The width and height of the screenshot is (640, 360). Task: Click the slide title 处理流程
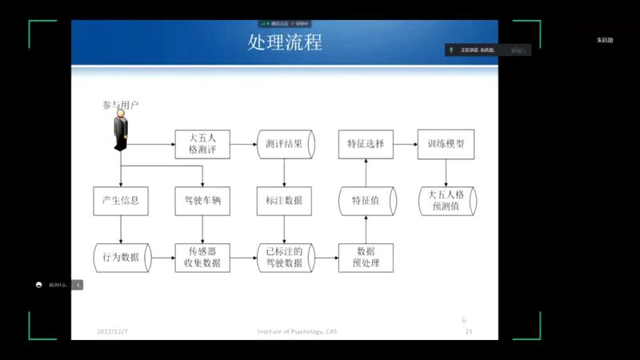pos(285,42)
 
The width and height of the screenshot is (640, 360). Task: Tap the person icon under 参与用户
pos(121,130)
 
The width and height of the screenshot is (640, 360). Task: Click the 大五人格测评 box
pos(202,144)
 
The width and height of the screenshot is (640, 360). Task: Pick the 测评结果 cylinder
pos(285,144)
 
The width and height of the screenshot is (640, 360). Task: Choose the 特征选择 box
pos(366,144)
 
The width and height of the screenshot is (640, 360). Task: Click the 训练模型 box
pos(446,144)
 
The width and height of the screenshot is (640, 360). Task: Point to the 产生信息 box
pos(121,201)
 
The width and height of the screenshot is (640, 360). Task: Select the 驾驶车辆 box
pos(202,201)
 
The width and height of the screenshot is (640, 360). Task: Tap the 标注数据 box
pos(284,201)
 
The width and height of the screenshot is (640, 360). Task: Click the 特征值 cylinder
pos(366,201)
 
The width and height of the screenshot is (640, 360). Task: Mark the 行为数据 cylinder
pos(121,258)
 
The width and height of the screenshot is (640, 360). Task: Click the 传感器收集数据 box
pos(202,258)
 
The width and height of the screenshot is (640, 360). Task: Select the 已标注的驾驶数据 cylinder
pos(284,258)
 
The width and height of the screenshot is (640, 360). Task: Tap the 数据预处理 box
pos(366,258)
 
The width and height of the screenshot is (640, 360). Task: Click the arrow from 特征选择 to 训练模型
pos(406,144)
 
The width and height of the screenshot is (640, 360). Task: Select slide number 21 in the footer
pos(469,331)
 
